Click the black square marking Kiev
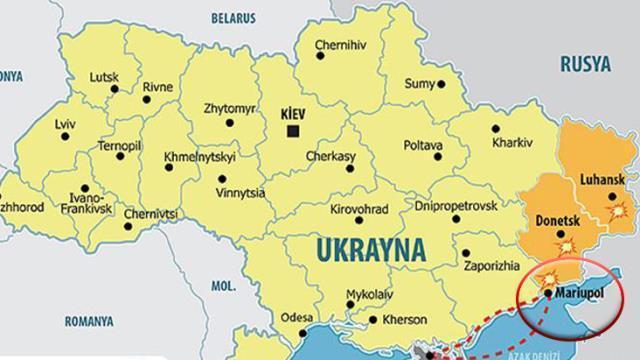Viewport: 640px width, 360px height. point(293,131)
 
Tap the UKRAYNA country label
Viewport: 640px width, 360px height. point(370,247)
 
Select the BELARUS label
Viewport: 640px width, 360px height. point(235,17)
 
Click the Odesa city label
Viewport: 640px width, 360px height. point(297,317)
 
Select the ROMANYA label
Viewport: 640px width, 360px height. point(88,321)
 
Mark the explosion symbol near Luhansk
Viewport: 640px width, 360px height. point(619,211)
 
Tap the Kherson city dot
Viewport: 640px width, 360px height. point(373,321)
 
